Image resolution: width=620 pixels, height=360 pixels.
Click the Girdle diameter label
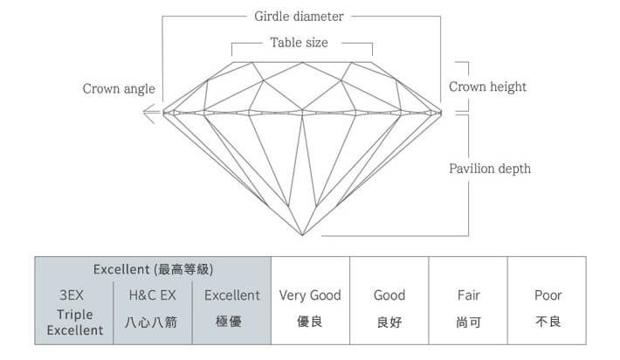(299, 16)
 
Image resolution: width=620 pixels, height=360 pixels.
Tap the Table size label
(300, 42)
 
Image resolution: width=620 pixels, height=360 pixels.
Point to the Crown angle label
(119, 88)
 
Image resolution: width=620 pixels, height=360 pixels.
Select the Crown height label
(487, 87)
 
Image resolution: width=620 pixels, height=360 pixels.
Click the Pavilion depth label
(489, 168)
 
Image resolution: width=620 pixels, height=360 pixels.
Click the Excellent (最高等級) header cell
(153, 269)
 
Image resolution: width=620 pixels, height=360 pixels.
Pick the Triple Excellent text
(74, 322)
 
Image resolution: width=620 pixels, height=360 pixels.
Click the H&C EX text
(153, 295)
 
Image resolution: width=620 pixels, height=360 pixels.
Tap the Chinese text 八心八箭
(153, 322)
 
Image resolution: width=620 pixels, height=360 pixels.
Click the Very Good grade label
(310, 295)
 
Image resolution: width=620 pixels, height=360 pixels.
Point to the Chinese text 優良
(310, 322)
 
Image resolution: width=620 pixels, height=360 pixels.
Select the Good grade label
(389, 295)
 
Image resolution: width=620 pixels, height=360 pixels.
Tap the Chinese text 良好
(389, 322)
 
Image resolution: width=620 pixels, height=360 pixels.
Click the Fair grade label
(469, 295)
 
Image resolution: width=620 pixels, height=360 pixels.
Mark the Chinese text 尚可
(469, 322)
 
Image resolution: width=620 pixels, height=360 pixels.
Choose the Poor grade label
(548, 295)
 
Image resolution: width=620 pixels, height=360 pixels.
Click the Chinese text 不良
(548, 322)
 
